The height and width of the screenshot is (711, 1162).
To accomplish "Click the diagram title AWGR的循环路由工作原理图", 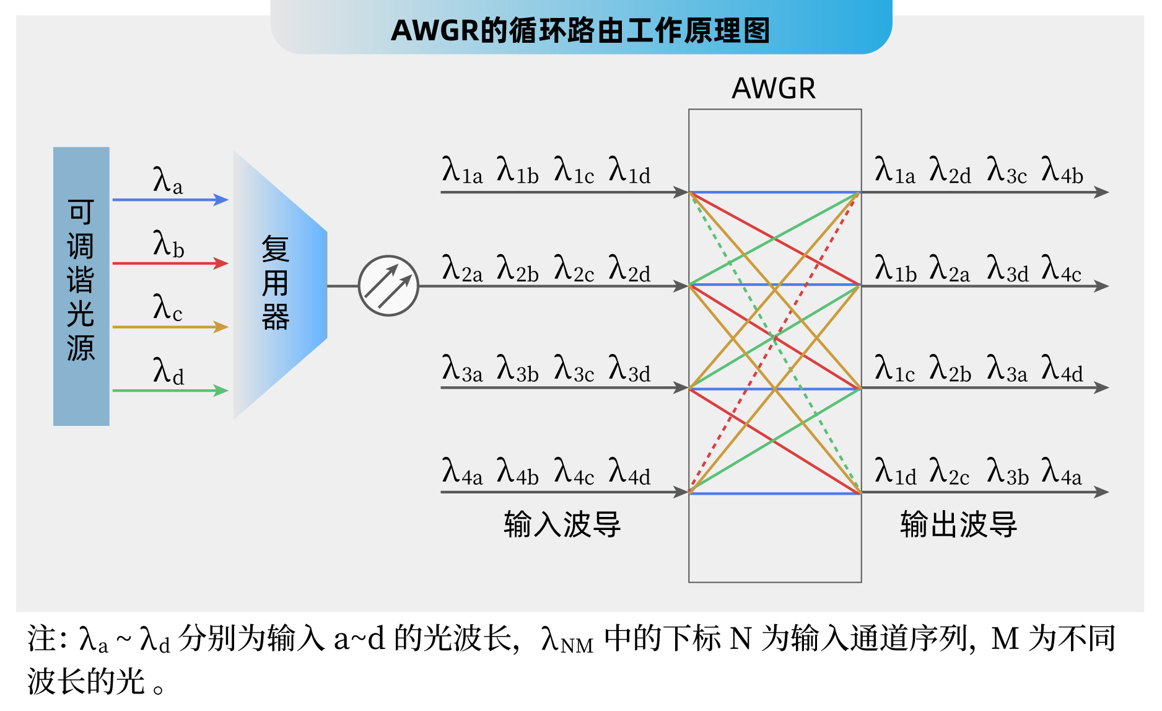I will (x=580, y=30).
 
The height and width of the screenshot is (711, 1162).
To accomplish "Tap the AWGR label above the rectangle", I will (x=774, y=89).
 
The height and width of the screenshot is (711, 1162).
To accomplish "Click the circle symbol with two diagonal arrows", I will (x=388, y=286).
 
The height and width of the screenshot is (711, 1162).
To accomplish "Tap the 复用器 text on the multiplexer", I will (x=276, y=283).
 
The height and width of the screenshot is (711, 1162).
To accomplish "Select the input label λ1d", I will (x=629, y=170).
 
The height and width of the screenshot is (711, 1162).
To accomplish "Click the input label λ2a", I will (x=462, y=269).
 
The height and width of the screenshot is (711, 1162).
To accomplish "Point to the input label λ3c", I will (x=574, y=369).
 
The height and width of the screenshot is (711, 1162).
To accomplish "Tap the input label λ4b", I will (x=518, y=472).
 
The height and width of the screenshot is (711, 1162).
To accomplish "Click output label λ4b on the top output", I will (x=1062, y=170).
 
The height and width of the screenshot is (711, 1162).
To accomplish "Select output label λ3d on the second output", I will (x=1007, y=269).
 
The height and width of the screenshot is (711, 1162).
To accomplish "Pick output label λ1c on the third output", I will (x=894, y=369).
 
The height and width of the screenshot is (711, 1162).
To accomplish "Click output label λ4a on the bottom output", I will (x=1062, y=472).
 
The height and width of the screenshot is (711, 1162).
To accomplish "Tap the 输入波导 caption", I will (x=562, y=524).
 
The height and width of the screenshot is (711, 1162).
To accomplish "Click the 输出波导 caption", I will (x=958, y=524).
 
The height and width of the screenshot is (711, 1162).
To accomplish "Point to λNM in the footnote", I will (x=567, y=640).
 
